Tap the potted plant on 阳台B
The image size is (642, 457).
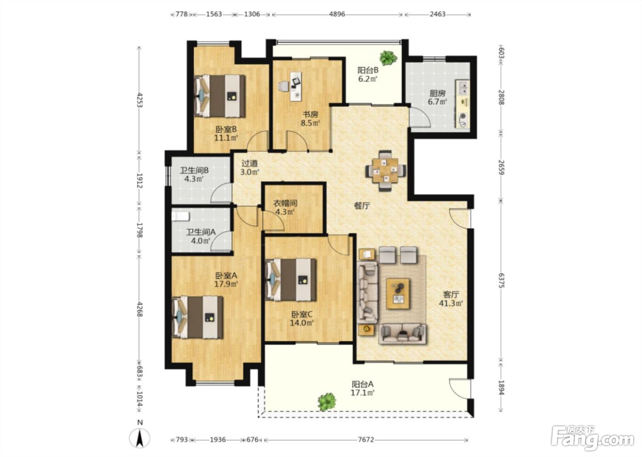tap(388, 58)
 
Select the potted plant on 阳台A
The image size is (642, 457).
tap(327, 401)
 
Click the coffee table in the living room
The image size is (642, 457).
tap(398, 294)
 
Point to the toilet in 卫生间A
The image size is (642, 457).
tap(181, 217)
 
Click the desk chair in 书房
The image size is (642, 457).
tap(284, 86)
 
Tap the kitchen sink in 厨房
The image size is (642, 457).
tap(463, 88)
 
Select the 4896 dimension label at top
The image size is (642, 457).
tap(337, 14)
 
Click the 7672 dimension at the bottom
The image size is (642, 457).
tap(366, 440)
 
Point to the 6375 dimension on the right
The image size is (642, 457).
tap(501, 280)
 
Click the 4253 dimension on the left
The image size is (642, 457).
tap(139, 100)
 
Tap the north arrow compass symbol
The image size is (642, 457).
tap(139, 438)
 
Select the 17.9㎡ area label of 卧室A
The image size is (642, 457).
tap(226, 284)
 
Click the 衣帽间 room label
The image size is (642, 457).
tap(285, 203)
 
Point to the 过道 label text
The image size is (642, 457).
tap(249, 163)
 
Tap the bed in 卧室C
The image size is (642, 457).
tap(291, 279)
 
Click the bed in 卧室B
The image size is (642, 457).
tap(220, 96)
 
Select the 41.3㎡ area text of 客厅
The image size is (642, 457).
tap(451, 303)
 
